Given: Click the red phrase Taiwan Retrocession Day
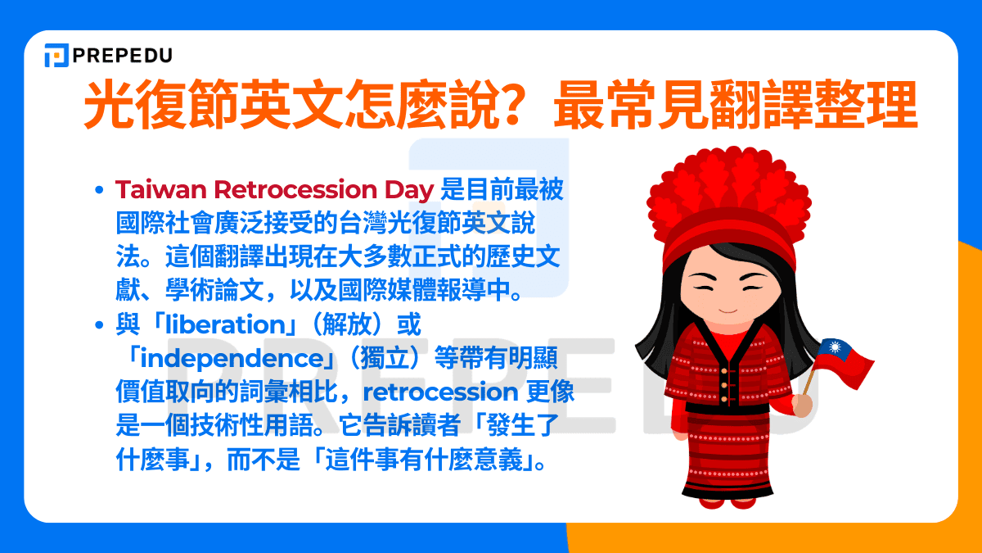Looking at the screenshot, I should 274,189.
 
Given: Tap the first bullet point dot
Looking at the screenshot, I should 99,190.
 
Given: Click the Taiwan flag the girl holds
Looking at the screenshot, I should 844,360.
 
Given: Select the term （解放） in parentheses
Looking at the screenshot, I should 344,325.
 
